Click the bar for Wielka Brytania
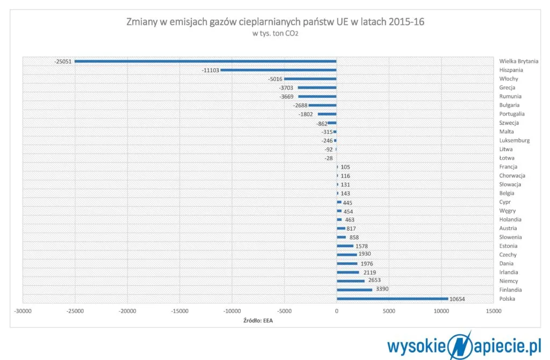pos(205,61)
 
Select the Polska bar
pos(392,299)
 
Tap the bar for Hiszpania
pos(278,70)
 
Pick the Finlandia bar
pos(354,290)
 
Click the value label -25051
pos(63,61)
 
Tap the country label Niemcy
pos(509,281)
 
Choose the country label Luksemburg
pos(514,140)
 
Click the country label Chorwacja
pos(512,176)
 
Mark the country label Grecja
pos(508,88)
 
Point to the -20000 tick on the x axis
pos(127,311)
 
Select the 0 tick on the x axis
pos(336,311)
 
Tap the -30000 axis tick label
pos(22,311)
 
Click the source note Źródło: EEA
pos(258,321)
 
